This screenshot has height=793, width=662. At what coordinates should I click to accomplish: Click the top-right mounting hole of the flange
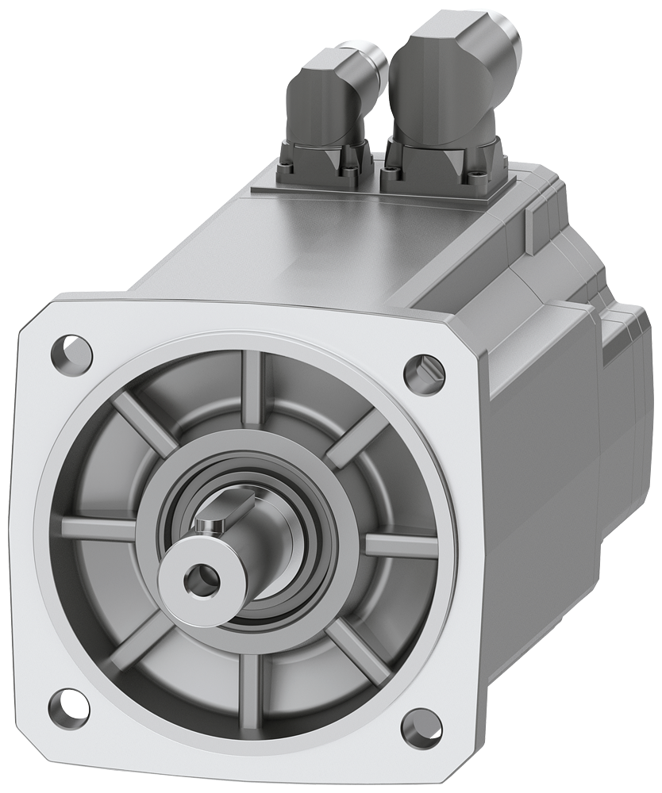click(423, 370)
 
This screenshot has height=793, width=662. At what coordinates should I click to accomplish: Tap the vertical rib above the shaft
click(252, 389)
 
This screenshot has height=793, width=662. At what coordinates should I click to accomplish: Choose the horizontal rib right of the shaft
click(401, 546)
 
